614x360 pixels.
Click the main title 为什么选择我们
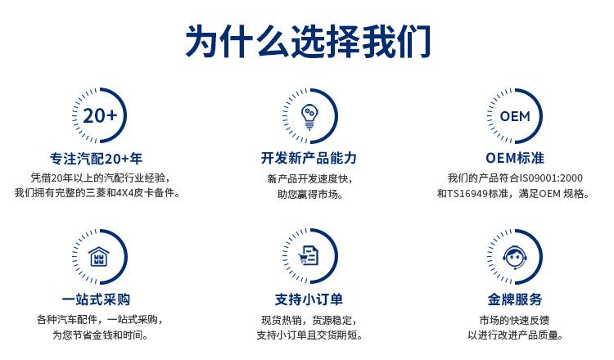click(308, 41)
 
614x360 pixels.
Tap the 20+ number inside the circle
click(100, 116)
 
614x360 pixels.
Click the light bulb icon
click(309, 117)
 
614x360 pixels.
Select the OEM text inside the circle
click(515, 116)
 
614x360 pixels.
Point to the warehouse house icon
click(99, 257)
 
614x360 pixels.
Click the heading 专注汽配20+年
click(96, 159)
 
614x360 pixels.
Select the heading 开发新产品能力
click(309, 158)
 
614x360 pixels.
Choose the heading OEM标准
click(515, 158)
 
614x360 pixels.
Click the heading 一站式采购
click(96, 299)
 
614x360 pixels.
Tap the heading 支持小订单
click(309, 299)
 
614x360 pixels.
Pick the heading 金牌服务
click(515, 299)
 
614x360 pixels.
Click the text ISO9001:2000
click(551, 178)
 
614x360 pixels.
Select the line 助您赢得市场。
click(309, 194)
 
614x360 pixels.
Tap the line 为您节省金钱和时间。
click(100, 335)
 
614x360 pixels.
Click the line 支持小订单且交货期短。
click(309, 335)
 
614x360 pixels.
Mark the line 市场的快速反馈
click(515, 320)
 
